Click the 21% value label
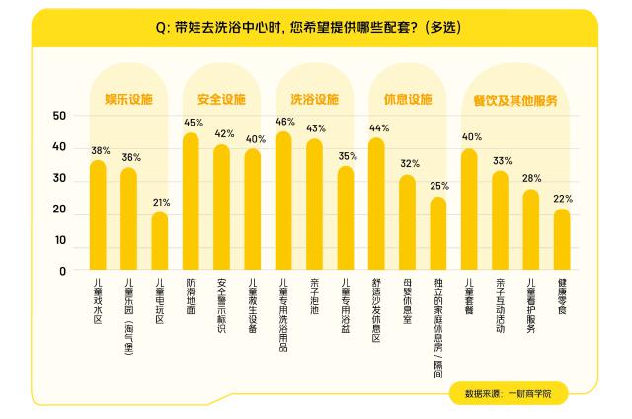coord(161,202)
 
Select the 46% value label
coord(285,122)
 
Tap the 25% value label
coord(439,186)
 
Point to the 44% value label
coord(379,127)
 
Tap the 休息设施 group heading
coord(407,99)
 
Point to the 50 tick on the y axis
coord(60,117)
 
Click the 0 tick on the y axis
coord(63,270)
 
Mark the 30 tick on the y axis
coord(60,179)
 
